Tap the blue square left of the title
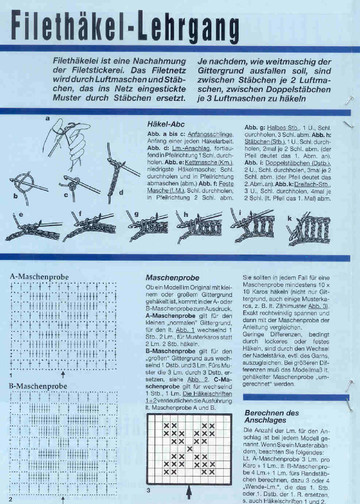[14, 22]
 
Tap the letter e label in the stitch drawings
[14, 214]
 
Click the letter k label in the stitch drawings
[291, 214]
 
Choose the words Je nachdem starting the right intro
[212, 62]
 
